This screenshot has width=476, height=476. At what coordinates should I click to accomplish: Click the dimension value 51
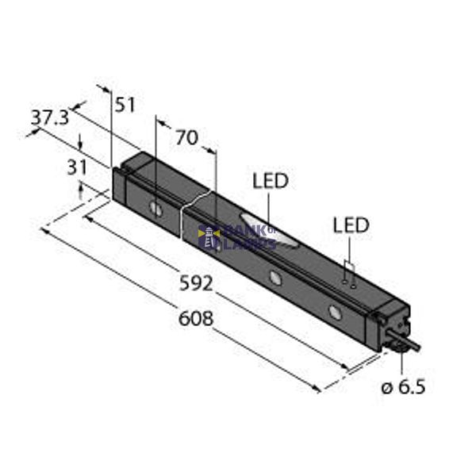tap(125, 105)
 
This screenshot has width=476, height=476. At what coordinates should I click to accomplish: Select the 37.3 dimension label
tap(49, 118)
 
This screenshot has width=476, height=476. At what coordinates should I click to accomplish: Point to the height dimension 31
tap(77, 167)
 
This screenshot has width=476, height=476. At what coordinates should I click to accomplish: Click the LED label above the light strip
tap(270, 181)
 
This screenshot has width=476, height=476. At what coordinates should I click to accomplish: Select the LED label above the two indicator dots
tap(351, 225)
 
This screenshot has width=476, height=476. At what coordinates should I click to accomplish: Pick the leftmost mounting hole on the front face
tap(157, 210)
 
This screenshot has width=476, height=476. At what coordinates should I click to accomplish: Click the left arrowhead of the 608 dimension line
tap(45, 232)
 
